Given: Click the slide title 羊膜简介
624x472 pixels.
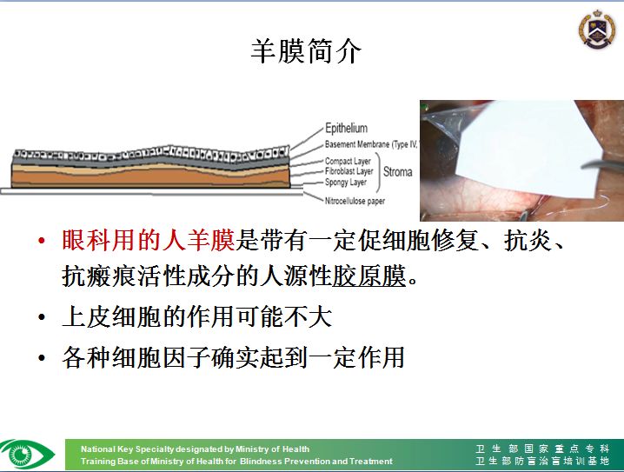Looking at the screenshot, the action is (306, 51).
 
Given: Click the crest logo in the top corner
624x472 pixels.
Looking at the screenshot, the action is (596, 29).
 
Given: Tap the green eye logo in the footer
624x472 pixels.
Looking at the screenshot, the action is (27, 454).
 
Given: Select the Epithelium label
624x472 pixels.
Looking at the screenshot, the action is (346, 128).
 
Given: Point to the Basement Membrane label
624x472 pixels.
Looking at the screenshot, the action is (370, 144).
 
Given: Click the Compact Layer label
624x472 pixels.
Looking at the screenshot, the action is (348, 161).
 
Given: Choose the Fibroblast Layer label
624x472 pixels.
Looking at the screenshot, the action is (349, 171).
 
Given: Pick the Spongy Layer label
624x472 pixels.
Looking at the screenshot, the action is (346, 183).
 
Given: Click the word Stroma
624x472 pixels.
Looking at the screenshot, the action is (397, 172).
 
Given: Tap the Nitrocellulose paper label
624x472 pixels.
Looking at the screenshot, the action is (355, 201).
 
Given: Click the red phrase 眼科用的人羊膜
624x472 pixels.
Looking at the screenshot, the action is (149, 240).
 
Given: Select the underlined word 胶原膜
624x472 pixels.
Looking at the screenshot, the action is (368, 276).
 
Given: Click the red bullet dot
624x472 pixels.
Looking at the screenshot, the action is (42, 241).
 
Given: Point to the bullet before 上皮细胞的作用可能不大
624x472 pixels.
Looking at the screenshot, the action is (42, 317).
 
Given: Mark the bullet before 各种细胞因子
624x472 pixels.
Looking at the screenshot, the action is (42, 357).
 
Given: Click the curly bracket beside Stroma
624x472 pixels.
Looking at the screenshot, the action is (378, 172).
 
